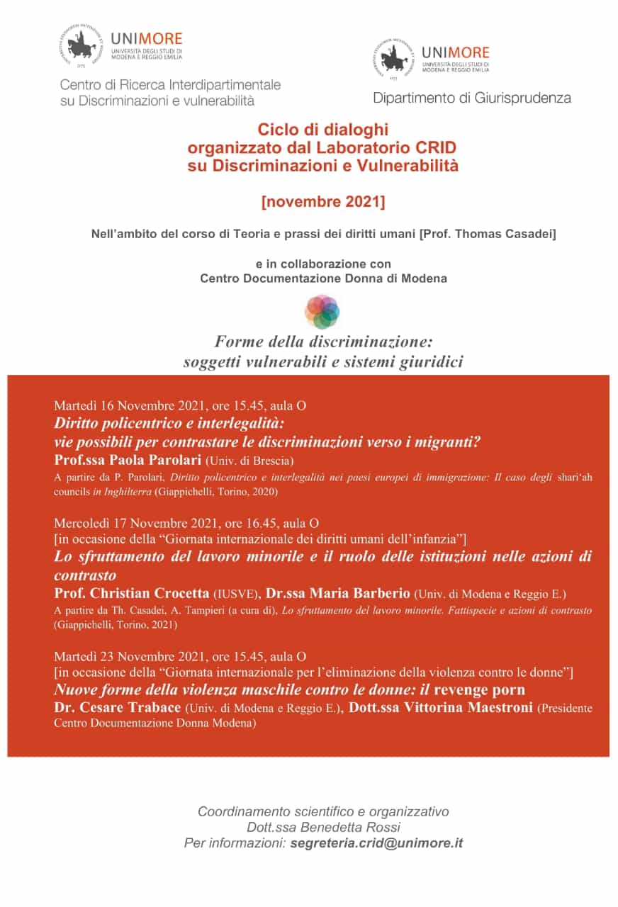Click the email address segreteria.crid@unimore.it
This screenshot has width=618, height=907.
pyautogui.click(x=376, y=843)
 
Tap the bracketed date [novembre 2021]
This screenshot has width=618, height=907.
pyautogui.click(x=323, y=202)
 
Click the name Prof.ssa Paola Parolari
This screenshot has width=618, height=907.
pyautogui.click(x=128, y=461)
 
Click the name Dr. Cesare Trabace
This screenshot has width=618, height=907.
pyautogui.click(x=118, y=707)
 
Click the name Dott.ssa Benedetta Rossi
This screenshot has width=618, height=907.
pyautogui.click(x=323, y=827)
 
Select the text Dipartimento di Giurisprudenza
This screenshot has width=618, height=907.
pyautogui.click(x=471, y=98)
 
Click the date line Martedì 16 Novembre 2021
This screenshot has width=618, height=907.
pyautogui.click(x=129, y=406)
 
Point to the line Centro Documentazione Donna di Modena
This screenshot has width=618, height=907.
pyautogui.click(x=323, y=278)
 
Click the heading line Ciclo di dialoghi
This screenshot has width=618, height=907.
pyautogui.click(x=323, y=130)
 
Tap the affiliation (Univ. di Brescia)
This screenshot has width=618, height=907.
pyautogui.click(x=249, y=461)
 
